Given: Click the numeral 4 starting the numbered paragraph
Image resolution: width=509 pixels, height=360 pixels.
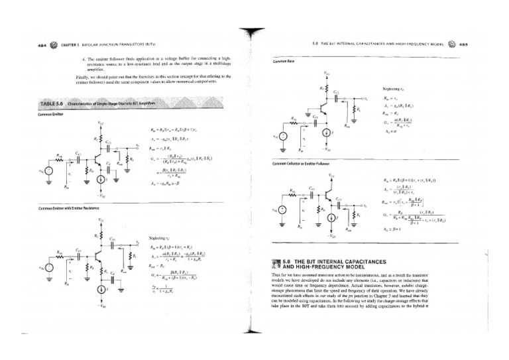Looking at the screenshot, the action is pos(77,60).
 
